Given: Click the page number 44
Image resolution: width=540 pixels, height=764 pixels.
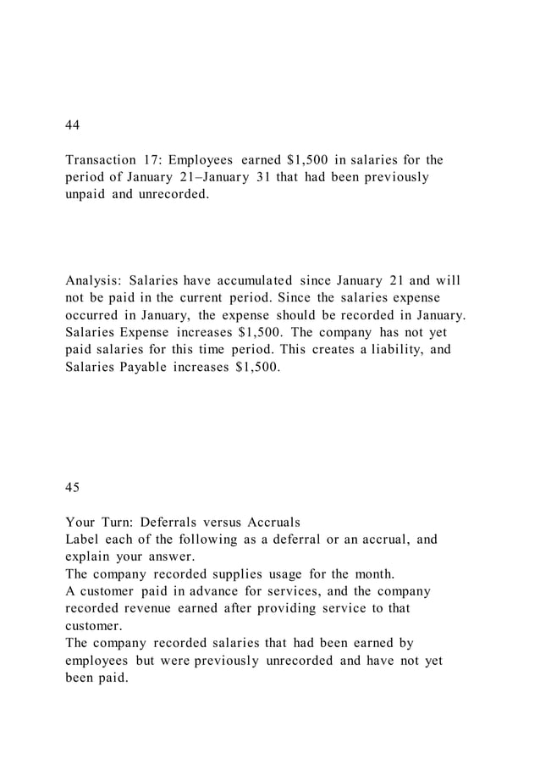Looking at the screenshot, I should [x=73, y=125].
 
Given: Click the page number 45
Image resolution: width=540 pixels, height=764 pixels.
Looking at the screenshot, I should [x=73, y=487].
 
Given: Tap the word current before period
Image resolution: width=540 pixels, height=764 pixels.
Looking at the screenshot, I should [x=200, y=298].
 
